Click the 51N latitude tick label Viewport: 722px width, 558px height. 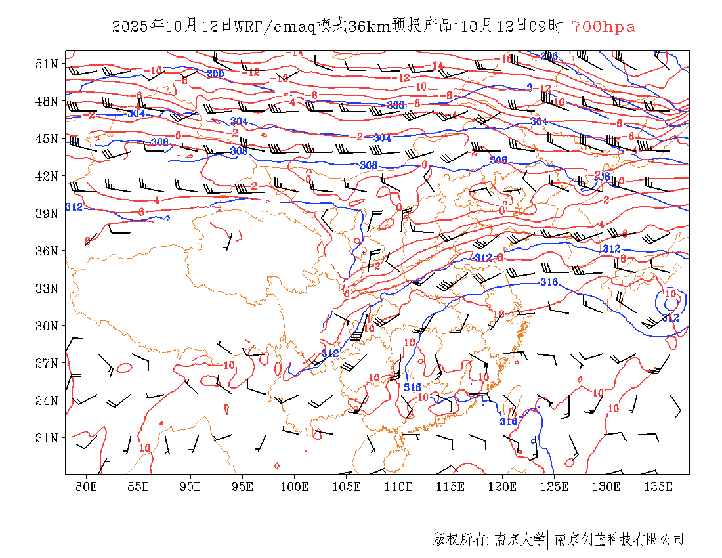[x=47, y=64]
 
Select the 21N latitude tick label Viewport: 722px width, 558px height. [x=47, y=438]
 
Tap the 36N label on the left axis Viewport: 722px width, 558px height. [x=47, y=251]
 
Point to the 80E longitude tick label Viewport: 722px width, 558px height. [x=87, y=486]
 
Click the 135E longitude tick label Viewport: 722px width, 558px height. [x=658, y=486]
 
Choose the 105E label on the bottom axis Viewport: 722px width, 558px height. [x=347, y=486]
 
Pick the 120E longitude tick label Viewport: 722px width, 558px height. [x=503, y=486]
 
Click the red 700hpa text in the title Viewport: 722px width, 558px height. [x=603, y=27]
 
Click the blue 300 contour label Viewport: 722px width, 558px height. [x=215, y=74]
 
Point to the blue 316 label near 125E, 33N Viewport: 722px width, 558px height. [x=549, y=282]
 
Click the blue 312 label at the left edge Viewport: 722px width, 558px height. [x=74, y=207]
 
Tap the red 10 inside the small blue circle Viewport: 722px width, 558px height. [x=670, y=293]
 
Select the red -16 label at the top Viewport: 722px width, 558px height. [x=505, y=59]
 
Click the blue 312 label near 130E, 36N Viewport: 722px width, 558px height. [x=611, y=249]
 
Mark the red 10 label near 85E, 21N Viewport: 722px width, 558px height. [x=144, y=448]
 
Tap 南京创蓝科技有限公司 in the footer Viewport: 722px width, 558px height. [x=619, y=540]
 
